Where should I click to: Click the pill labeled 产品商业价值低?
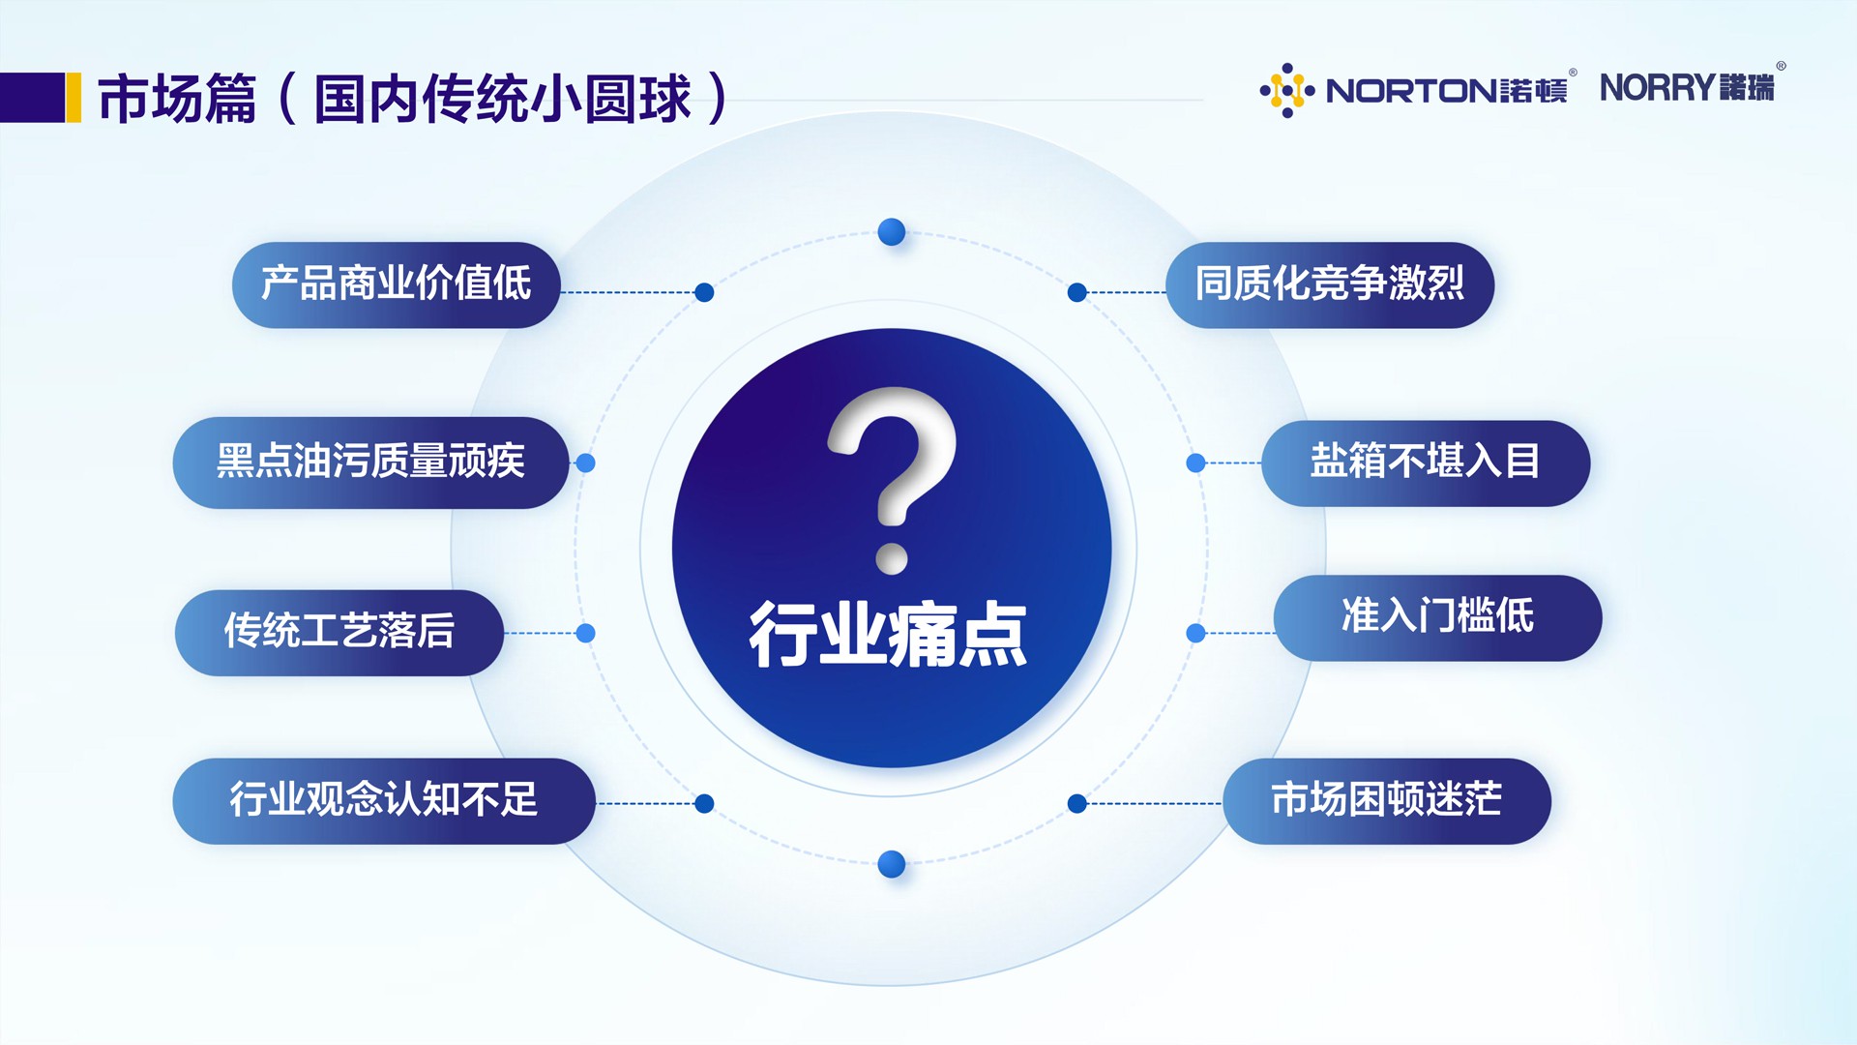(x=397, y=284)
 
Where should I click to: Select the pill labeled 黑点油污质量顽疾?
(x=370, y=463)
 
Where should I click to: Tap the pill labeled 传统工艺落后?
(x=339, y=633)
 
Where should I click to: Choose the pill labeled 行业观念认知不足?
(x=384, y=801)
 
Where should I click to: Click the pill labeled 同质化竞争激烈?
(x=1330, y=284)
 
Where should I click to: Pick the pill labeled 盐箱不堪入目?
(x=1426, y=463)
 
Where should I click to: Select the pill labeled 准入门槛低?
(x=1437, y=618)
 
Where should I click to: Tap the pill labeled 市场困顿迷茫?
(x=1387, y=801)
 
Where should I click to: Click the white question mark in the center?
(x=892, y=479)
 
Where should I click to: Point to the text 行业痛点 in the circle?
(x=888, y=635)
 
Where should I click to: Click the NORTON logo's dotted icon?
(x=1287, y=90)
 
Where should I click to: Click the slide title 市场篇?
(x=177, y=98)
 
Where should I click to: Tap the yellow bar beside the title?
(x=74, y=98)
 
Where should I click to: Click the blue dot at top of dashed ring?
(x=892, y=232)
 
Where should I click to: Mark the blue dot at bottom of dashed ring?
(x=892, y=864)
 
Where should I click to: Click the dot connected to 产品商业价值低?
(x=704, y=292)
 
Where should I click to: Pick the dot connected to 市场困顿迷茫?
(x=1077, y=803)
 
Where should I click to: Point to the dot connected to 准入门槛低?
(x=1196, y=633)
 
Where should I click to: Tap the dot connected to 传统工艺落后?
(x=585, y=633)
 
